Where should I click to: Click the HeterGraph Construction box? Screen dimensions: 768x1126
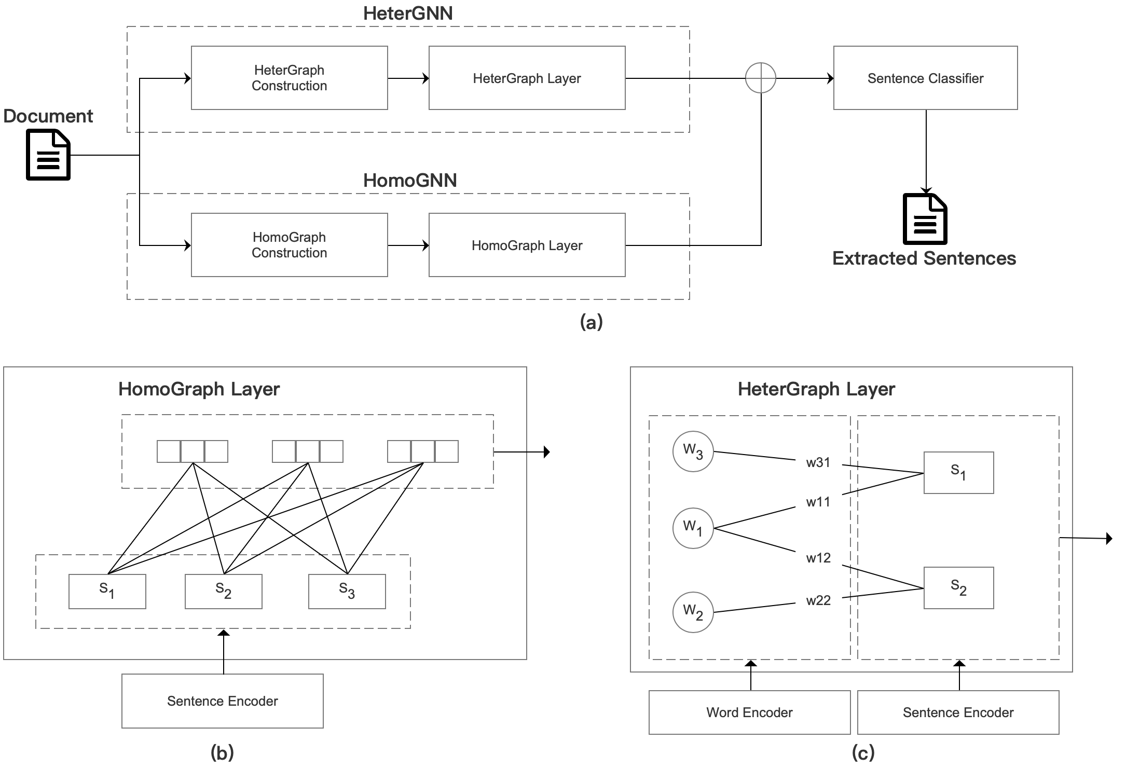click(289, 78)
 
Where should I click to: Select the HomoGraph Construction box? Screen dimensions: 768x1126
click(289, 245)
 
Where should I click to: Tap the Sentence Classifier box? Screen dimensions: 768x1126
click(925, 78)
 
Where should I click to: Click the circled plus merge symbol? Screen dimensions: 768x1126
click(760, 78)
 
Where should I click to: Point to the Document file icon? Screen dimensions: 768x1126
click(48, 155)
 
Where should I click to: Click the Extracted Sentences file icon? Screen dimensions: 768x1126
click(925, 218)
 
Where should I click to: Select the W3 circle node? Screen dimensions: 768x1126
click(693, 451)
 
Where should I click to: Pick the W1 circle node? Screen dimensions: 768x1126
click(693, 528)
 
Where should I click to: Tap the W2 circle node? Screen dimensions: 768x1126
click(693, 612)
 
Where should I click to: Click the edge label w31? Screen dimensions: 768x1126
click(818, 463)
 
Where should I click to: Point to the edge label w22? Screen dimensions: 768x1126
click(818, 601)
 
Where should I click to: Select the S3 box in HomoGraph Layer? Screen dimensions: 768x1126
click(347, 591)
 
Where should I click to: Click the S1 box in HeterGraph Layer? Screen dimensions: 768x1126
click(958, 473)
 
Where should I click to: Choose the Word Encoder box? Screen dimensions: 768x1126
click(749, 712)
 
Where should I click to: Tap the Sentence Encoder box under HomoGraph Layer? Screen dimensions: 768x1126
click(222, 701)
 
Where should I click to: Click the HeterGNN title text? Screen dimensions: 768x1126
click(408, 13)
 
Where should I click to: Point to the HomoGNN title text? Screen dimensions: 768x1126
click(410, 181)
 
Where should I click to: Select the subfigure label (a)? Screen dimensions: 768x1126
click(592, 322)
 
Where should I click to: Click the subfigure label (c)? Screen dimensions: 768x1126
click(863, 752)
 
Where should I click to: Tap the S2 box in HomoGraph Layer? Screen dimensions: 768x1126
click(223, 591)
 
